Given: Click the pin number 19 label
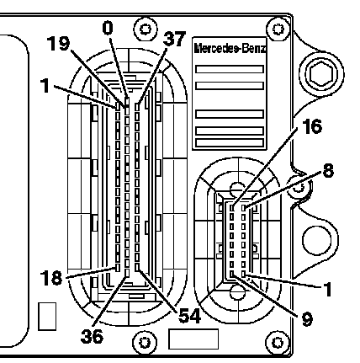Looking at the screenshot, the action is [58, 44].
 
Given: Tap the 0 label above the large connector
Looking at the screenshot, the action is [108, 29].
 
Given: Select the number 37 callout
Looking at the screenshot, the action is [174, 39].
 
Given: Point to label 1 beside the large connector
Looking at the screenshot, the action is [45, 86].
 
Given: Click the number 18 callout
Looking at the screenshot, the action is [51, 278].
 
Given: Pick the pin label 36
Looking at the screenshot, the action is [92, 336].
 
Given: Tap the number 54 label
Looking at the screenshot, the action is [190, 316].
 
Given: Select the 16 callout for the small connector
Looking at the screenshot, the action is [312, 126].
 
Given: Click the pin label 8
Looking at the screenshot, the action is [329, 170].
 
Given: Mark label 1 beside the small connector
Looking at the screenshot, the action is [327, 289].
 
